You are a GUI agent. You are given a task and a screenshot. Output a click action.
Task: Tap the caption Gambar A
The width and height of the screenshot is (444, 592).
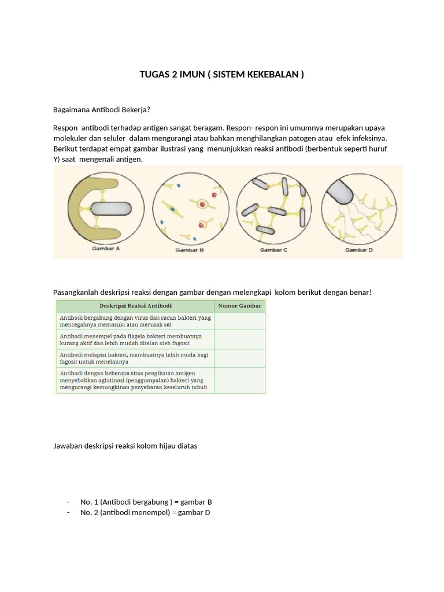(x=105, y=250)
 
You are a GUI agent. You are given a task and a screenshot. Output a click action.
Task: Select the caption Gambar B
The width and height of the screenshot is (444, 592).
(x=189, y=250)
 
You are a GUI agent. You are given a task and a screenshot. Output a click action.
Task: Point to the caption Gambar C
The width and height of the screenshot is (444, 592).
(x=273, y=250)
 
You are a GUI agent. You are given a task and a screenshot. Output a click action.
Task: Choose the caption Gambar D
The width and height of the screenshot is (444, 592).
(x=359, y=250)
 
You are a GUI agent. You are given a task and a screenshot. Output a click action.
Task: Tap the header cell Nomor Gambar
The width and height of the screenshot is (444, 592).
(x=239, y=306)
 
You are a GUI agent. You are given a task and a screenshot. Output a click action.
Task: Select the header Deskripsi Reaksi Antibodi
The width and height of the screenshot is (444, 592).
(x=135, y=306)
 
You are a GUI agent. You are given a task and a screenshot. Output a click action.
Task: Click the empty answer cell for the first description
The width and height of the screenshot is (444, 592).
(x=239, y=321)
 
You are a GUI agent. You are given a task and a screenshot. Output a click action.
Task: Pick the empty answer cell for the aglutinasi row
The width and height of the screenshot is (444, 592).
(x=239, y=380)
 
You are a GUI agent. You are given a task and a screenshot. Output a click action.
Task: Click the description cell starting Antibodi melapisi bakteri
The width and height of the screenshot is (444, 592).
(x=135, y=358)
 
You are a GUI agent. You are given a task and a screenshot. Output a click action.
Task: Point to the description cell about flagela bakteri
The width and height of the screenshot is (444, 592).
(x=135, y=339)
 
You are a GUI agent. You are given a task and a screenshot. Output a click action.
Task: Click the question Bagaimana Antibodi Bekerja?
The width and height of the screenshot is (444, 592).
(x=101, y=109)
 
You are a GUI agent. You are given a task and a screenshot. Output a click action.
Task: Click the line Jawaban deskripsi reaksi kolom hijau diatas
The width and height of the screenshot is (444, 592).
(x=125, y=446)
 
